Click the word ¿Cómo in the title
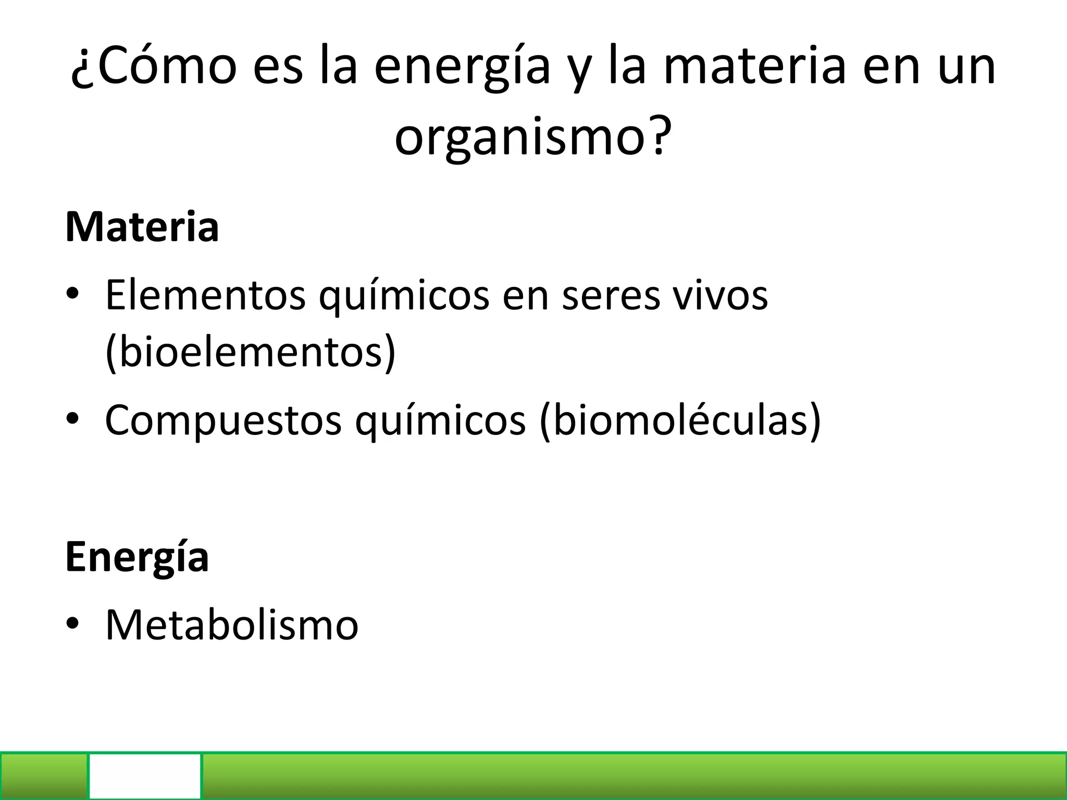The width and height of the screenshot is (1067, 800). pos(154,67)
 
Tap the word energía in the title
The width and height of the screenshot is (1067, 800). pos(462,67)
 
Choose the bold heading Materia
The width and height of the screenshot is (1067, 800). pos(142,227)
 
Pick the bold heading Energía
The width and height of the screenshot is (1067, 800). pos(137,557)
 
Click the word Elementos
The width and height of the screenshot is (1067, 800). pos(205,295)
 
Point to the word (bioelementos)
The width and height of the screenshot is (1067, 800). pos(251,353)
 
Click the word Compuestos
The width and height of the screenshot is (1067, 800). pos(223,420)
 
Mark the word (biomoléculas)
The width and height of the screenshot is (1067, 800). pos(680,420)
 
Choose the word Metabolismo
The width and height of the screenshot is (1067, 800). pos(232,624)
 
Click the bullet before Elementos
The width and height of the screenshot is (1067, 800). pos(72,294)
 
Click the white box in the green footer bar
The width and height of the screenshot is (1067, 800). pos(145,776)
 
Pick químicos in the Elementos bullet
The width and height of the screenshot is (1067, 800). pos(404,295)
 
